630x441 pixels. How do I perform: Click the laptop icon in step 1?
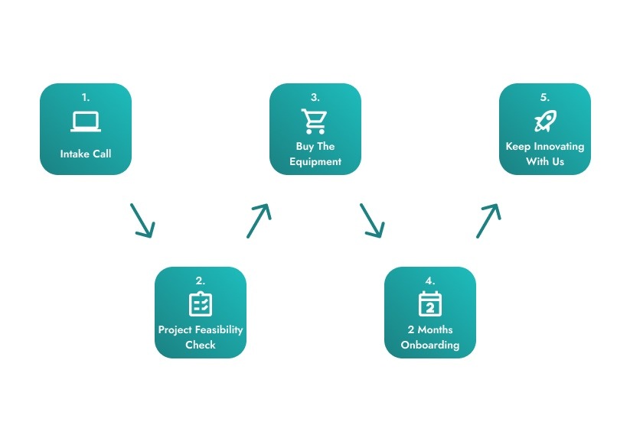(86, 122)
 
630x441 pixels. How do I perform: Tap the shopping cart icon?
(314, 122)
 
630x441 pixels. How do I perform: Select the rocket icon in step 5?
(545, 121)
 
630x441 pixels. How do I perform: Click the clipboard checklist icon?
(201, 303)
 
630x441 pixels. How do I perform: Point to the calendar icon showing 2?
(430, 303)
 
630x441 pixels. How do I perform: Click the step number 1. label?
(86, 98)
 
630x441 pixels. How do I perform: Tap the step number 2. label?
(201, 281)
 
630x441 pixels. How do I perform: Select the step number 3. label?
(315, 98)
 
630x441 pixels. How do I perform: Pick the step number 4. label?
(430, 281)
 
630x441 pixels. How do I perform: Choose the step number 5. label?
(545, 98)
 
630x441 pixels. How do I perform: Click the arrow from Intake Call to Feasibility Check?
(142, 221)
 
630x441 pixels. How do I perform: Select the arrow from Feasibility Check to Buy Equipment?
(259, 221)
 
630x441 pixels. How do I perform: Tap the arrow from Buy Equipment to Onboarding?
(372, 221)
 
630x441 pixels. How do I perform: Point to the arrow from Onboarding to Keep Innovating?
(488, 221)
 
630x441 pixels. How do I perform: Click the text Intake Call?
(86, 154)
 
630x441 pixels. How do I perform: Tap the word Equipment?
(315, 162)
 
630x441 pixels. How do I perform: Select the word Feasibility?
(220, 330)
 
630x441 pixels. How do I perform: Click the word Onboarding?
(430, 345)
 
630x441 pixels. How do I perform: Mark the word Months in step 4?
(435, 330)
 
